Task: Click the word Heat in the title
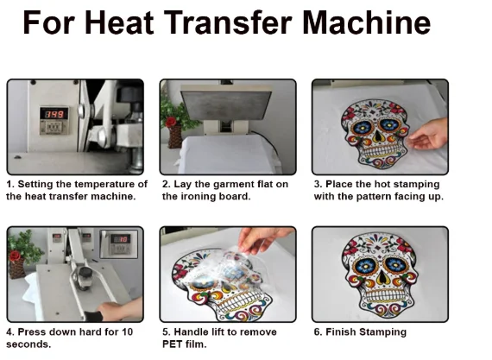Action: pos(119,22)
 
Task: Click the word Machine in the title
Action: pos(367,22)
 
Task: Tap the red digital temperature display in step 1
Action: pos(54,114)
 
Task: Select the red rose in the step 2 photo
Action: pos(171,122)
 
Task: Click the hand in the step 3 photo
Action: pos(428,134)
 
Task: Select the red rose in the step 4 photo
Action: pos(15,256)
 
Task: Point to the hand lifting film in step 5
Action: pos(263,239)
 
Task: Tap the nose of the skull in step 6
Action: pos(382,277)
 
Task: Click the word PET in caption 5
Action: pos(171,344)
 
